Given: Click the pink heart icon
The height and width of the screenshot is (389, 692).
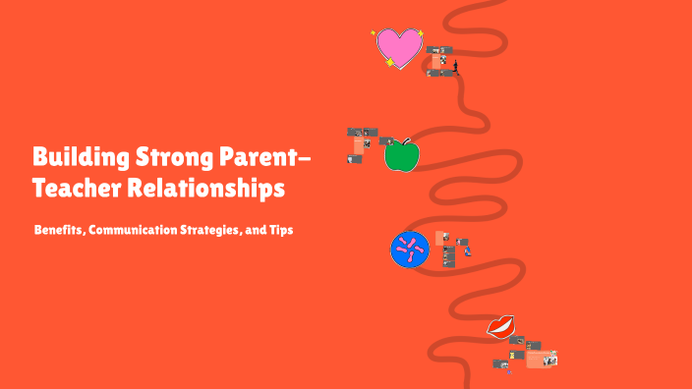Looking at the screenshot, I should pos(399,47).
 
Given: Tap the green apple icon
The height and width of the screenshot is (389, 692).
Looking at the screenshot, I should pos(400,155).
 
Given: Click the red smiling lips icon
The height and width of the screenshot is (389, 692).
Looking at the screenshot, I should pos(502,326).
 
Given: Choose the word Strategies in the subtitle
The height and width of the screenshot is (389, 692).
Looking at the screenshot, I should pos(215,230).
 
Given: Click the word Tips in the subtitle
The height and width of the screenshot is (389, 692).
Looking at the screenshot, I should pos(282,230).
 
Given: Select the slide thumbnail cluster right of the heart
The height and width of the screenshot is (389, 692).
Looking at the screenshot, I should pos(441,61).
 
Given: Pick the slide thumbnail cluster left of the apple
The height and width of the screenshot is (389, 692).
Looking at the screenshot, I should pos(363,143).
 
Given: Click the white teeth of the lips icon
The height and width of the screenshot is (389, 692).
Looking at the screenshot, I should pos(501,325).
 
